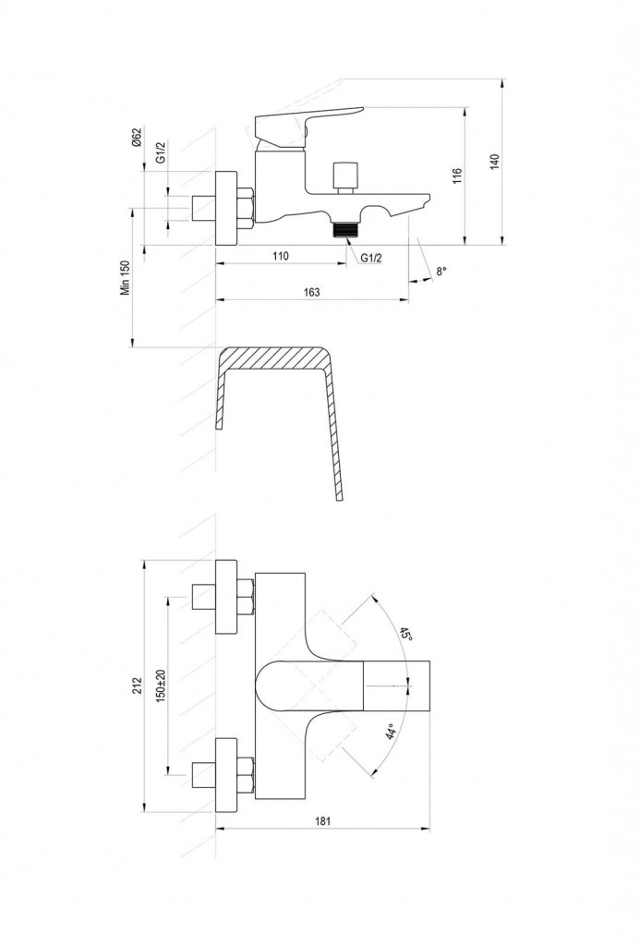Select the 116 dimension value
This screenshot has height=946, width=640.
456,177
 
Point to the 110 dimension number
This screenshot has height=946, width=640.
281,256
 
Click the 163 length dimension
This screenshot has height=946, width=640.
311,292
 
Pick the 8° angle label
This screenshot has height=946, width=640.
441,272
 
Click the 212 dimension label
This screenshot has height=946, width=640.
138,685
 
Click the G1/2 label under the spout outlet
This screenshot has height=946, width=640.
372,258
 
